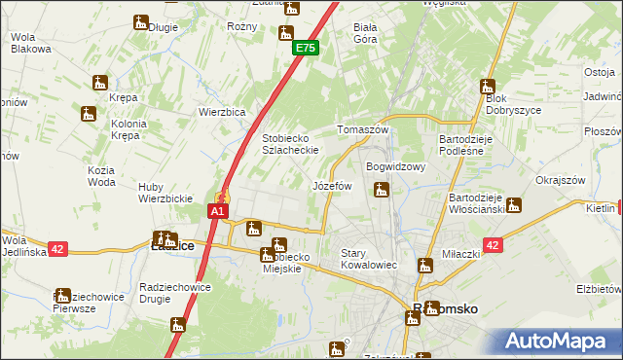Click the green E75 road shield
click(x=305, y=48)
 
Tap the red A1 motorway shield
click(x=218, y=210)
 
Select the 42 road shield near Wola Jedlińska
click(x=57, y=249)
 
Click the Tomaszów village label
click(x=362, y=129)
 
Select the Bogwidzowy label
click(x=396, y=166)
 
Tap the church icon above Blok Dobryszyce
click(x=487, y=87)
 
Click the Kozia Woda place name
click(x=101, y=176)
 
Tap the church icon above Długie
click(x=142, y=21)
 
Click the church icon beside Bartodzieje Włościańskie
click(x=514, y=205)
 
